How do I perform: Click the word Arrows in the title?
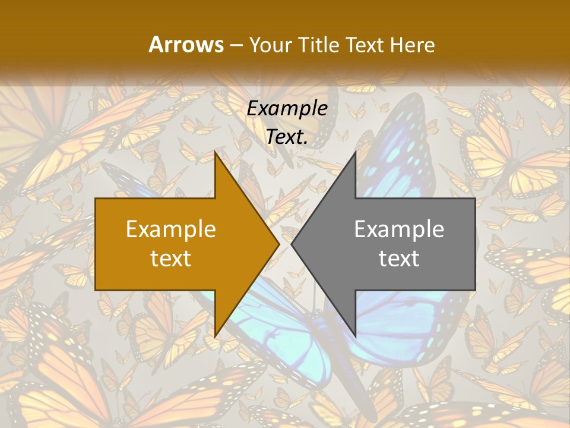185,45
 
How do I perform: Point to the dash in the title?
235,45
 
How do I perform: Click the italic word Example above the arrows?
287,109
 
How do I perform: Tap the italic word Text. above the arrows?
287,137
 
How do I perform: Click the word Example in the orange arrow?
171,229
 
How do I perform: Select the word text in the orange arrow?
171,258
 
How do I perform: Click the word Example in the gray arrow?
399,229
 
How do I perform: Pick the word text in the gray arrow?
399,258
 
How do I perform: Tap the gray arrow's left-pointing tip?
293,244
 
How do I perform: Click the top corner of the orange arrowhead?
216,154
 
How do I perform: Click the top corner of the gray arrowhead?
354,154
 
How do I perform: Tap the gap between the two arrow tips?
286,244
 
